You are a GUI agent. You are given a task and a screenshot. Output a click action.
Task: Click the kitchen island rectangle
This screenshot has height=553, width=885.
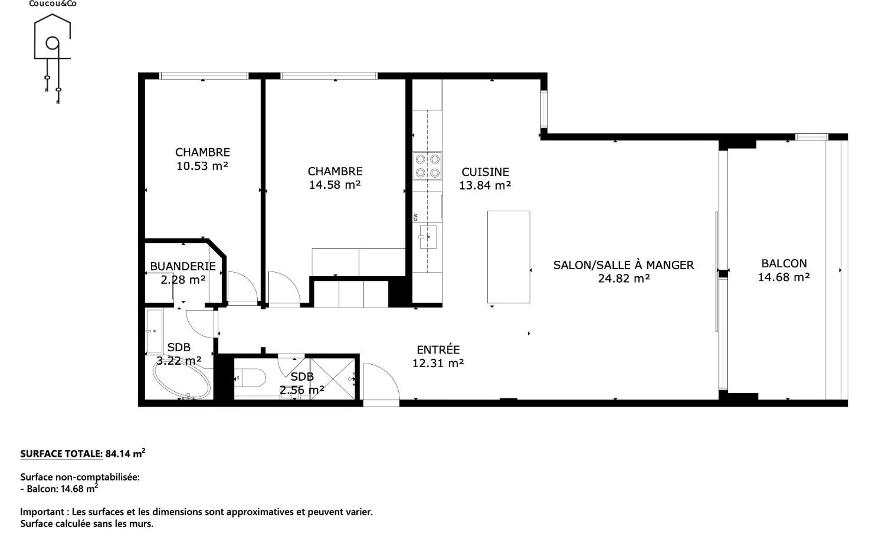508,257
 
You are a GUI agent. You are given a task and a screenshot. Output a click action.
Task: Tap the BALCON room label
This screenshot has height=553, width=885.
784,263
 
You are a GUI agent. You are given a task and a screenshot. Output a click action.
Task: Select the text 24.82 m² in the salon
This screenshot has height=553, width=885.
624,279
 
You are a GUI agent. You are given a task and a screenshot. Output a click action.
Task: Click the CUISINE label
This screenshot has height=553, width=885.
485,172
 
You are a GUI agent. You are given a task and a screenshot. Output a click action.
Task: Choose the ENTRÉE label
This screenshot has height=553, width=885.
438,350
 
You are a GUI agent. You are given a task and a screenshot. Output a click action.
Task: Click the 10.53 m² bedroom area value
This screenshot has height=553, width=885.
202,166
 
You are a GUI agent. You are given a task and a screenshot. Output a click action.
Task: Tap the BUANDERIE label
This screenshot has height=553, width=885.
183,266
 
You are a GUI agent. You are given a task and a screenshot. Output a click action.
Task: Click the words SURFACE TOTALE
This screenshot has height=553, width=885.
61,454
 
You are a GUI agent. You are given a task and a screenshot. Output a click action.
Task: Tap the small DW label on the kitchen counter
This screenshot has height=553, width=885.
416,217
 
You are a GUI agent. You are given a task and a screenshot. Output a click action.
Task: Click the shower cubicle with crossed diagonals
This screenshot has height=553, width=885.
332,379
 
